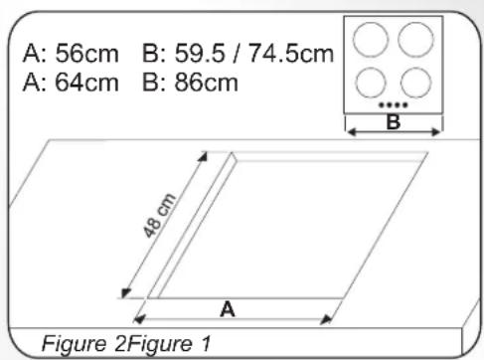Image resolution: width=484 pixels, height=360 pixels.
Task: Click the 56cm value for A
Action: pyautogui.click(x=87, y=53)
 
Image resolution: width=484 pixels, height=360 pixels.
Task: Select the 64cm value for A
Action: pyautogui.click(x=87, y=83)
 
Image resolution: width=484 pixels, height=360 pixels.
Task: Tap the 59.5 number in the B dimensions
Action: pyautogui.click(x=200, y=53)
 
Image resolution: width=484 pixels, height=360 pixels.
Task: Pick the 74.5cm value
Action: pyautogui.click(x=291, y=53)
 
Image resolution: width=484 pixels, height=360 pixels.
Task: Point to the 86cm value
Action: pyautogui.click(x=207, y=83)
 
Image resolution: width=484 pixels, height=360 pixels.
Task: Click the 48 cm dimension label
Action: pyautogui.click(x=159, y=216)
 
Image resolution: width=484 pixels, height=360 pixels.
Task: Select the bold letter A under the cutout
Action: pyautogui.click(x=228, y=309)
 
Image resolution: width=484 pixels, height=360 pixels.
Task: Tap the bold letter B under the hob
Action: pyautogui.click(x=394, y=121)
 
